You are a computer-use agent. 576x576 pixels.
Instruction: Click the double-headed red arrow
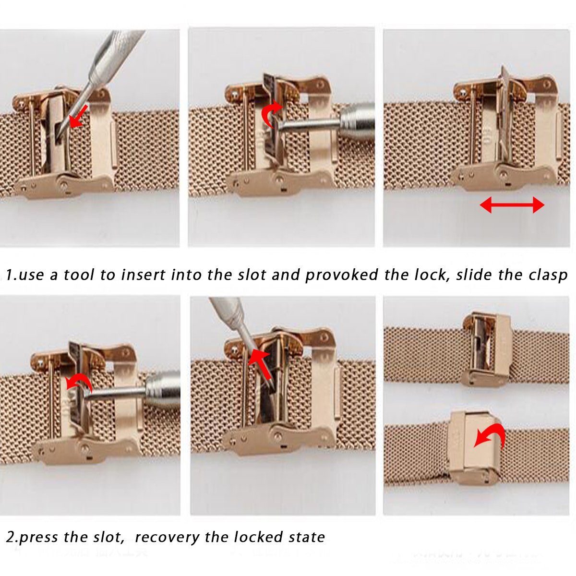512,205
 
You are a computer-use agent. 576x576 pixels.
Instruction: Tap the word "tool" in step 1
79,275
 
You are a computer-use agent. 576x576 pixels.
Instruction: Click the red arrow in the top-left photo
79,116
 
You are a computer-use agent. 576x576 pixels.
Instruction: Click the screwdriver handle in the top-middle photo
357,118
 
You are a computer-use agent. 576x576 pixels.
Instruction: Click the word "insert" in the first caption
143,275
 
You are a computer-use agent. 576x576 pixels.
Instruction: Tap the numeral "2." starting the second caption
12,538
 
